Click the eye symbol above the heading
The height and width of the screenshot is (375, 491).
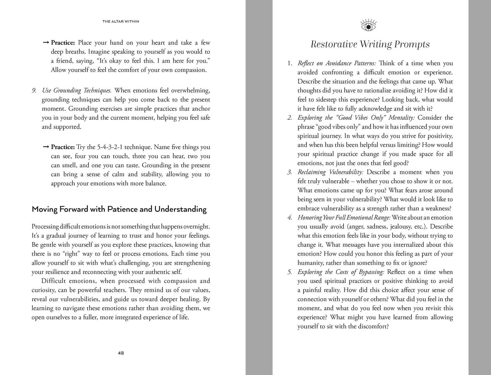coord(369,25)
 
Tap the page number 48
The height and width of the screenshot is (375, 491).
coord(121,353)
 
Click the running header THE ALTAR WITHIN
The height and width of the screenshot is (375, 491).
coord(121,21)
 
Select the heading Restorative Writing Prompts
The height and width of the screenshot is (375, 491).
coord(370,44)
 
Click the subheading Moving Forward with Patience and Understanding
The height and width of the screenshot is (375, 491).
coord(119,209)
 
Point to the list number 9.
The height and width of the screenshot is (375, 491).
coord(34,91)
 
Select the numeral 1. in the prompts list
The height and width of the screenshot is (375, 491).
coord(290,63)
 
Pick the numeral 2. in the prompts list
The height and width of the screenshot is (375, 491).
coord(290,118)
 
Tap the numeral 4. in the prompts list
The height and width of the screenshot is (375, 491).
coord(290,218)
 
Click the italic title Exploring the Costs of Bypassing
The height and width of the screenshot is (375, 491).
coord(341,272)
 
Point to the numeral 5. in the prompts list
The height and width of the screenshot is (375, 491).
coord(290,272)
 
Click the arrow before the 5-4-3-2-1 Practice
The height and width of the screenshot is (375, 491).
coord(46,147)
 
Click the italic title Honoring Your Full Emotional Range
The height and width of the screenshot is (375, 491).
coord(344,218)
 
